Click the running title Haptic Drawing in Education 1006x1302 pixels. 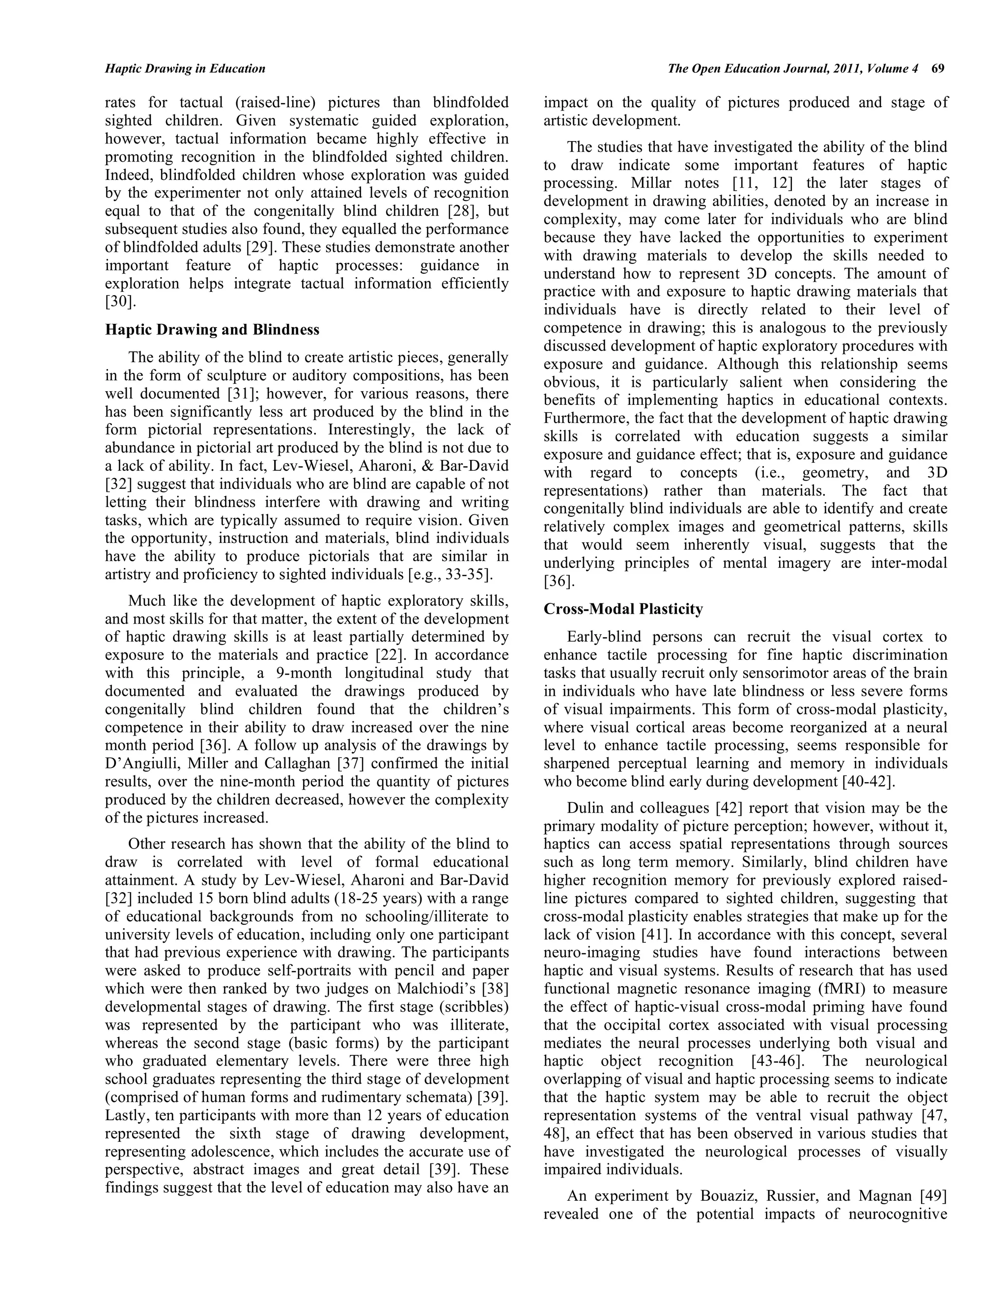click(185, 69)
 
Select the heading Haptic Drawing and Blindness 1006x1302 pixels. click(212, 330)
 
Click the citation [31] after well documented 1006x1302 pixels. click(243, 394)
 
